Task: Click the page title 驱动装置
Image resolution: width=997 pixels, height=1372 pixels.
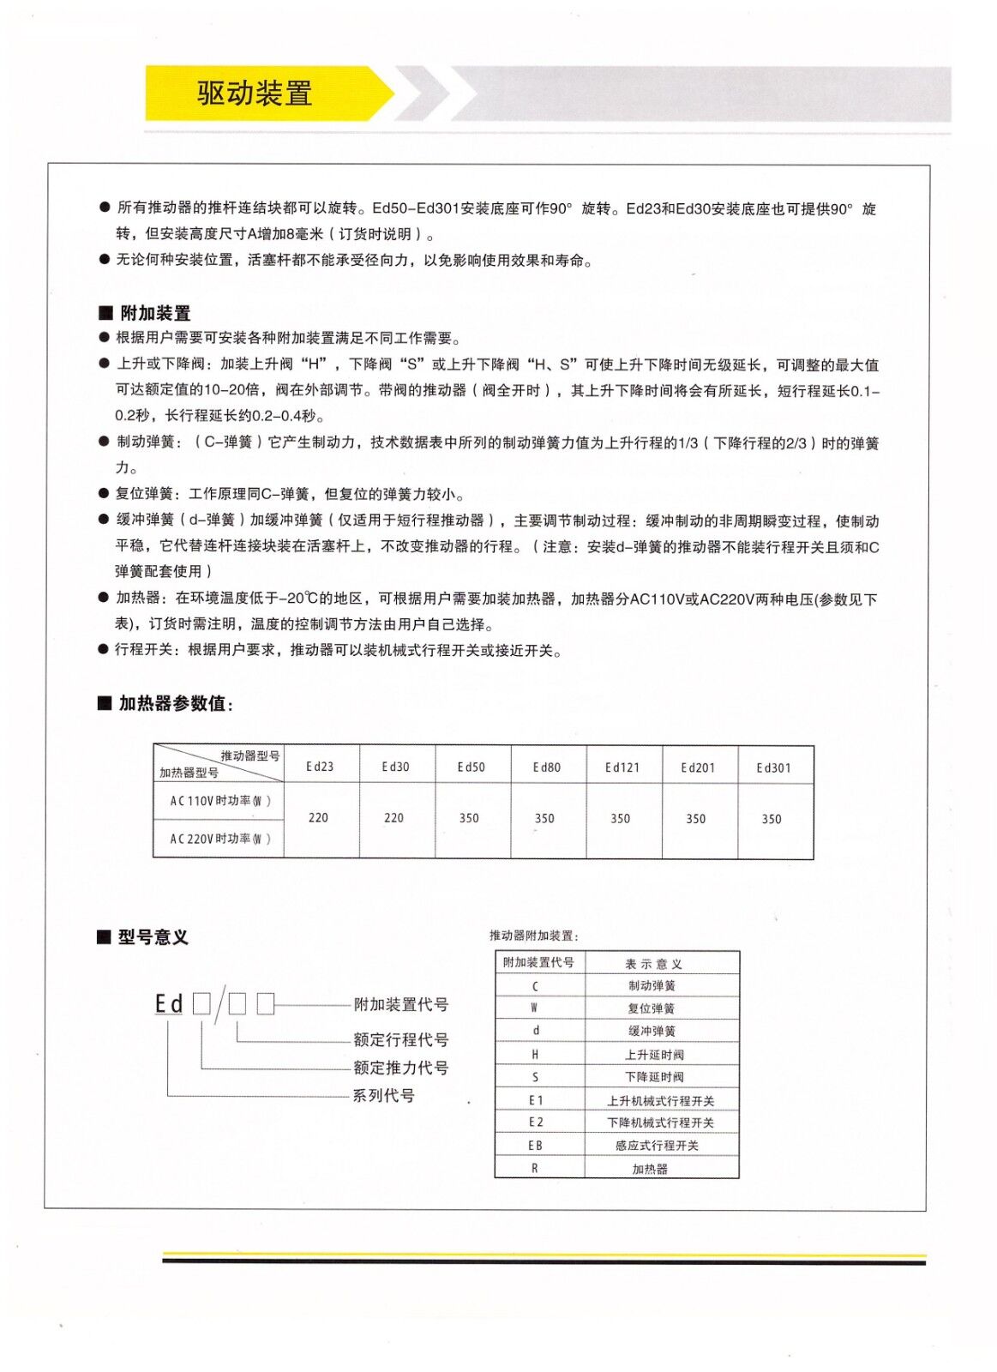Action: click(x=255, y=93)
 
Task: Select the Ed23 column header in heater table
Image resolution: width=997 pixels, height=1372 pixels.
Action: click(x=320, y=767)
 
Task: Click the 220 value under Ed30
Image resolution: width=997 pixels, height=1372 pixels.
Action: click(x=393, y=818)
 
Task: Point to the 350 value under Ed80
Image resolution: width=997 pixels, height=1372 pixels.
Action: click(x=544, y=819)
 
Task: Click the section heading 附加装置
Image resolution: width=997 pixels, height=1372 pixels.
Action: click(x=155, y=313)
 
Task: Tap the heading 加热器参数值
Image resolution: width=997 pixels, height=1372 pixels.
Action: click(x=174, y=703)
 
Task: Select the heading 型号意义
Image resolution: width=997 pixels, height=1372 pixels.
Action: click(x=153, y=937)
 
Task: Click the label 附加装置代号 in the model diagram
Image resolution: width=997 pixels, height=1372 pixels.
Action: click(x=400, y=1004)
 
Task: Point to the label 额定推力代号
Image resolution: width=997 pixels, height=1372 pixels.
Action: click(x=400, y=1068)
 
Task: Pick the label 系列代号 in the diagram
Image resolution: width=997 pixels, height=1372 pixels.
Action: click(x=383, y=1095)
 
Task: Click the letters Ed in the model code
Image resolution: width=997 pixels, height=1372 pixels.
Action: click(x=169, y=1003)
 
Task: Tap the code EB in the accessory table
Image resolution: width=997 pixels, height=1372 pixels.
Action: click(x=535, y=1146)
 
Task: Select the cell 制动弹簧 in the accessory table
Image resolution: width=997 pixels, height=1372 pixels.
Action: click(x=652, y=986)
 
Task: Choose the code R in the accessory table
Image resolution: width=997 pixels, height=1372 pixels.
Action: click(x=535, y=1168)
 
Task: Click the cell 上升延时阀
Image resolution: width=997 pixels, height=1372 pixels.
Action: click(x=654, y=1055)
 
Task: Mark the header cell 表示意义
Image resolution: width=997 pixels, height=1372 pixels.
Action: click(x=653, y=964)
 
